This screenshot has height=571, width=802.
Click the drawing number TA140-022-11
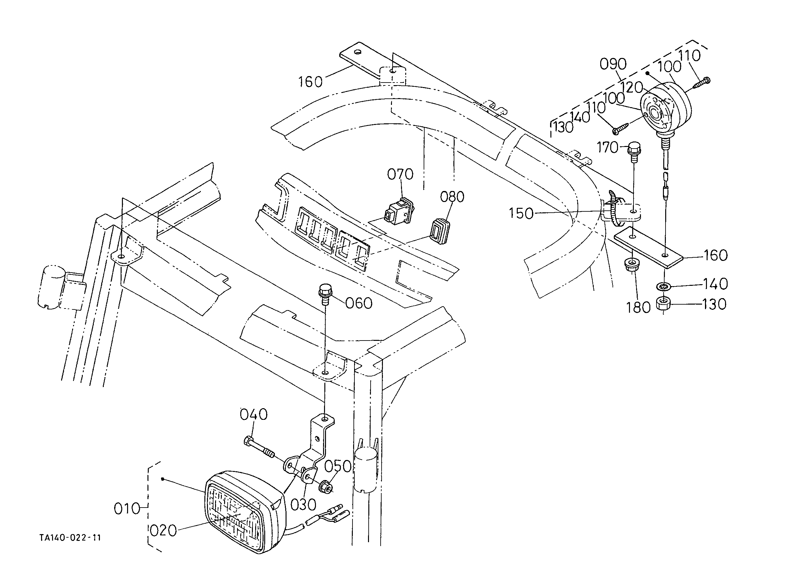click(70, 538)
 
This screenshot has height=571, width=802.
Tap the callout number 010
click(127, 509)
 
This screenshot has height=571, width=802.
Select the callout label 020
click(163, 531)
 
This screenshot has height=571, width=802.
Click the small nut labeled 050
click(325, 487)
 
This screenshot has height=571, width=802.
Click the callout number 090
click(613, 64)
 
